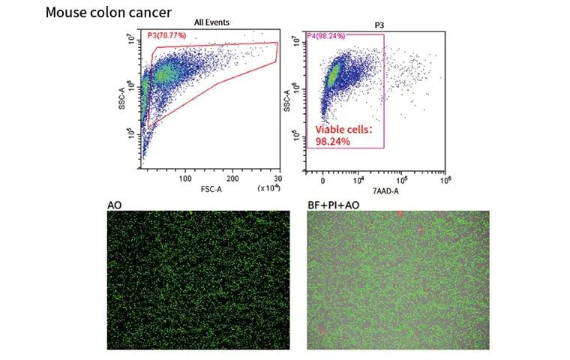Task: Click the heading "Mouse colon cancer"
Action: tap(109, 12)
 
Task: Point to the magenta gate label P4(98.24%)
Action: tap(330, 35)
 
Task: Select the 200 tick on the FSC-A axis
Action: tap(233, 179)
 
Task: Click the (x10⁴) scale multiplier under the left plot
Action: tap(268, 187)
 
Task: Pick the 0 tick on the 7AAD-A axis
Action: tap(322, 180)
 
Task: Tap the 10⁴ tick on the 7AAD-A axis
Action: tap(358, 180)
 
